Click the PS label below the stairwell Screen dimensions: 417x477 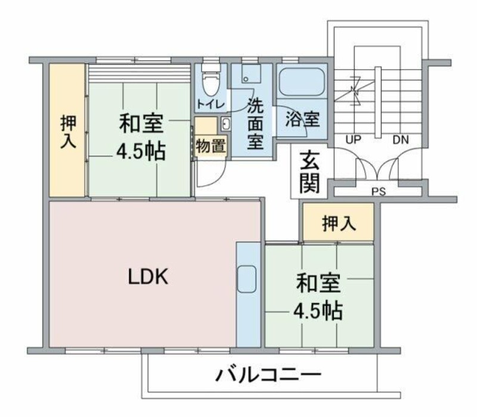point(378,192)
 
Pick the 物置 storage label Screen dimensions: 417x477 point(210,145)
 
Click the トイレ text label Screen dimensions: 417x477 point(210,105)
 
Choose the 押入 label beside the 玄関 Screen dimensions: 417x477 point(339,223)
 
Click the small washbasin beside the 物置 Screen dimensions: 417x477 point(226,124)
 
